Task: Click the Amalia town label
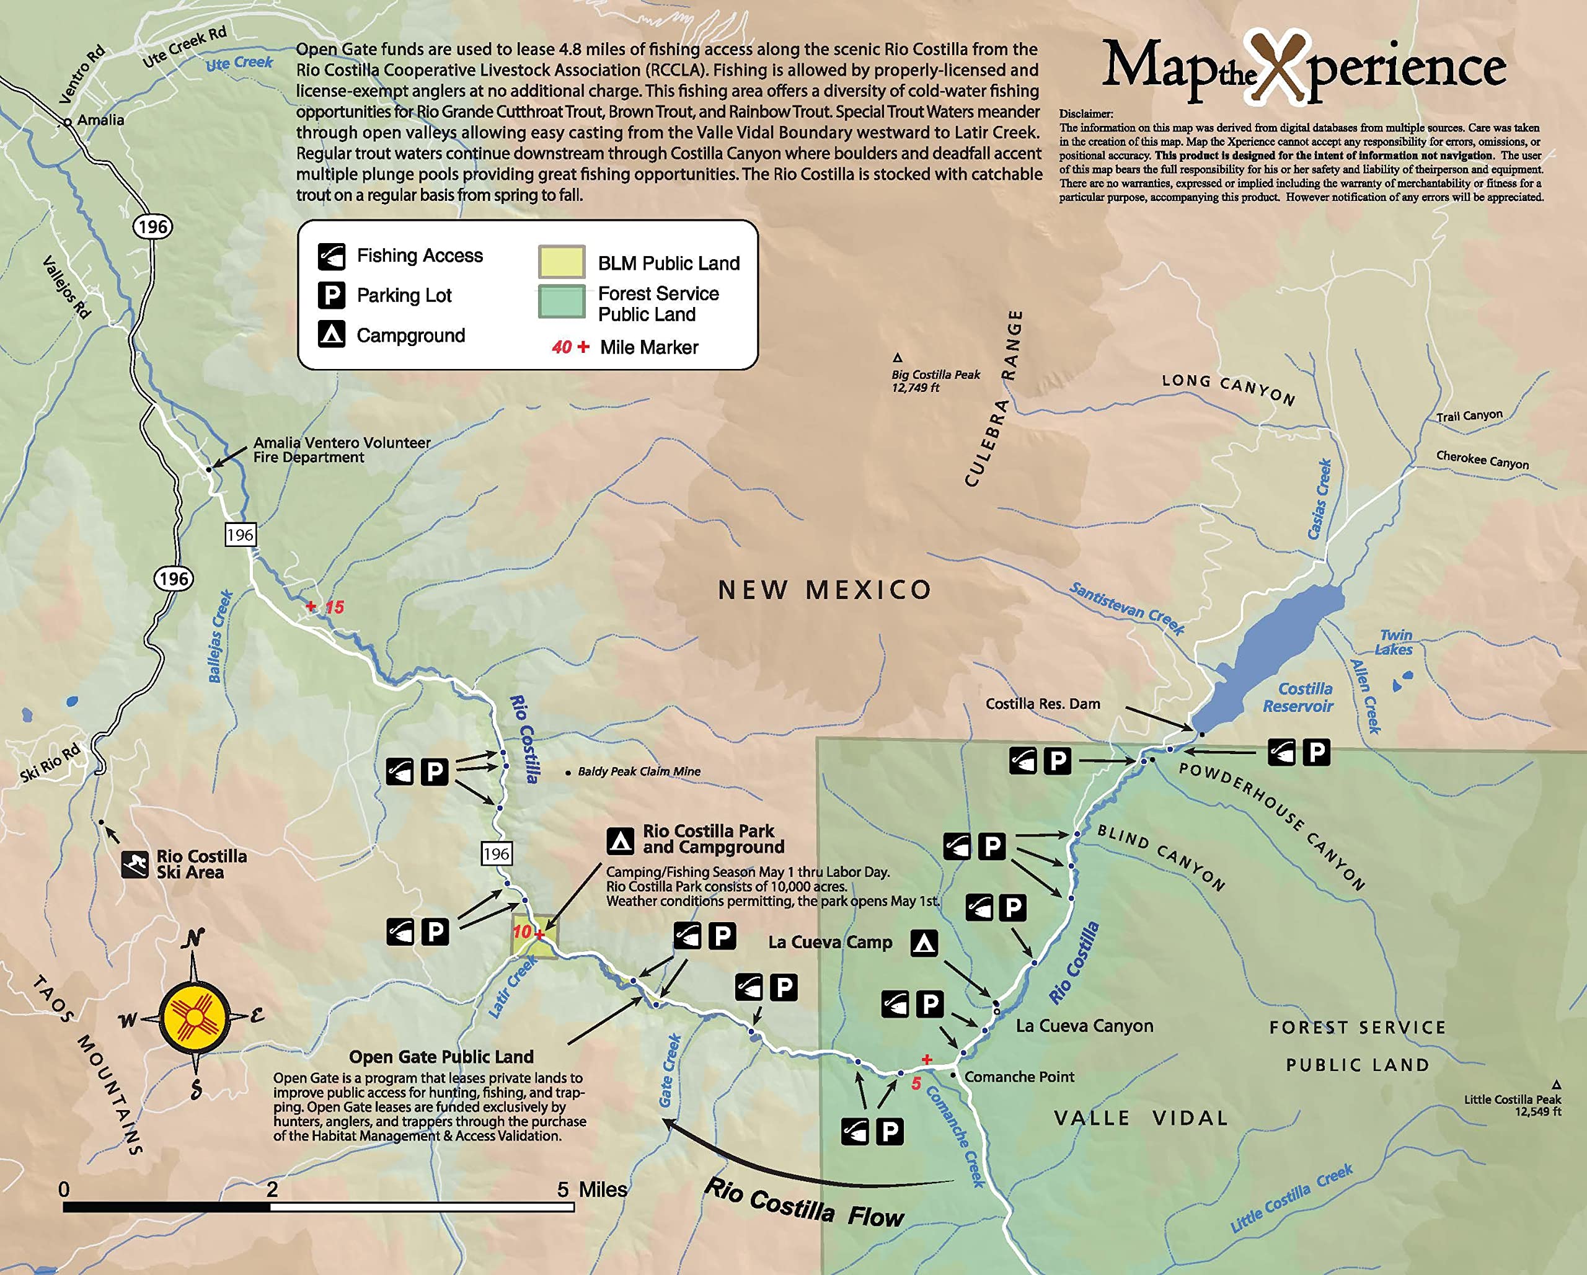point(100,120)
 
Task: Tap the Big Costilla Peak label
point(935,380)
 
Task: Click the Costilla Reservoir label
point(1299,697)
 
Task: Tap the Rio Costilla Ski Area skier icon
point(135,864)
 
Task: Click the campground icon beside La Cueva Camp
point(924,943)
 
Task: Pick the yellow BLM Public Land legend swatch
point(561,261)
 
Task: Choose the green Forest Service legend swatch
point(561,301)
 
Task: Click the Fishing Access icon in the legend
point(331,255)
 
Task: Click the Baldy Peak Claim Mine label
point(638,771)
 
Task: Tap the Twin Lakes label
point(1394,642)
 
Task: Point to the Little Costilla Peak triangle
point(1556,1085)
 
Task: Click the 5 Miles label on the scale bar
point(593,1189)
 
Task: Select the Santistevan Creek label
point(1126,609)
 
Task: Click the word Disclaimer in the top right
point(1085,113)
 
